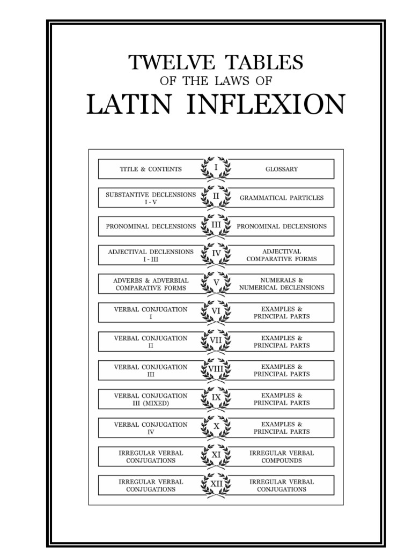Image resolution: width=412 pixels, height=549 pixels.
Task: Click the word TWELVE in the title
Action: click(172, 62)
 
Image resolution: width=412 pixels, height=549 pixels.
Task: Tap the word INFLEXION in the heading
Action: click(266, 104)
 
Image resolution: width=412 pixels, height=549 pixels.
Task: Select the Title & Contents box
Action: click(151, 169)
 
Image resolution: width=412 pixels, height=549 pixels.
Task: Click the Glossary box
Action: click(281, 169)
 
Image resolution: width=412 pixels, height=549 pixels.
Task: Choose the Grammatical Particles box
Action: click(281, 198)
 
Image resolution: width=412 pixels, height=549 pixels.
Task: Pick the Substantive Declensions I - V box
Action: click(151, 198)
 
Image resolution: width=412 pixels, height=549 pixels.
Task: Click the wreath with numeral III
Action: click(216, 226)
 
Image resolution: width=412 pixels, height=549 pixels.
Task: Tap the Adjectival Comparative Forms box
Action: click(281, 255)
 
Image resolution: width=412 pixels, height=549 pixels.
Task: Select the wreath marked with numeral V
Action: click(216, 284)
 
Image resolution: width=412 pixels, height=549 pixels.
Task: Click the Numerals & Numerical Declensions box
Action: click(281, 284)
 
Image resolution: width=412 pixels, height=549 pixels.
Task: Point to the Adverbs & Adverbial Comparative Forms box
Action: click(151, 284)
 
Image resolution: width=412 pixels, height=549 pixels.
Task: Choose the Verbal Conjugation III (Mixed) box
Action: click(151, 399)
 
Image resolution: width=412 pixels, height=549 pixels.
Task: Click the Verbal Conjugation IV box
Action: click(151, 428)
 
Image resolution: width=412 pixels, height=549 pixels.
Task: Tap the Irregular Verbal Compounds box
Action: click(281, 457)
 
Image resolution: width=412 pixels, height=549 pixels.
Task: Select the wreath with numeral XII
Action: click(216, 485)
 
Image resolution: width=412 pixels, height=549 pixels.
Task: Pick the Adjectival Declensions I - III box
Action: click(151, 255)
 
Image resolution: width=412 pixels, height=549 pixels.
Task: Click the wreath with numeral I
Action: click(216, 169)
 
